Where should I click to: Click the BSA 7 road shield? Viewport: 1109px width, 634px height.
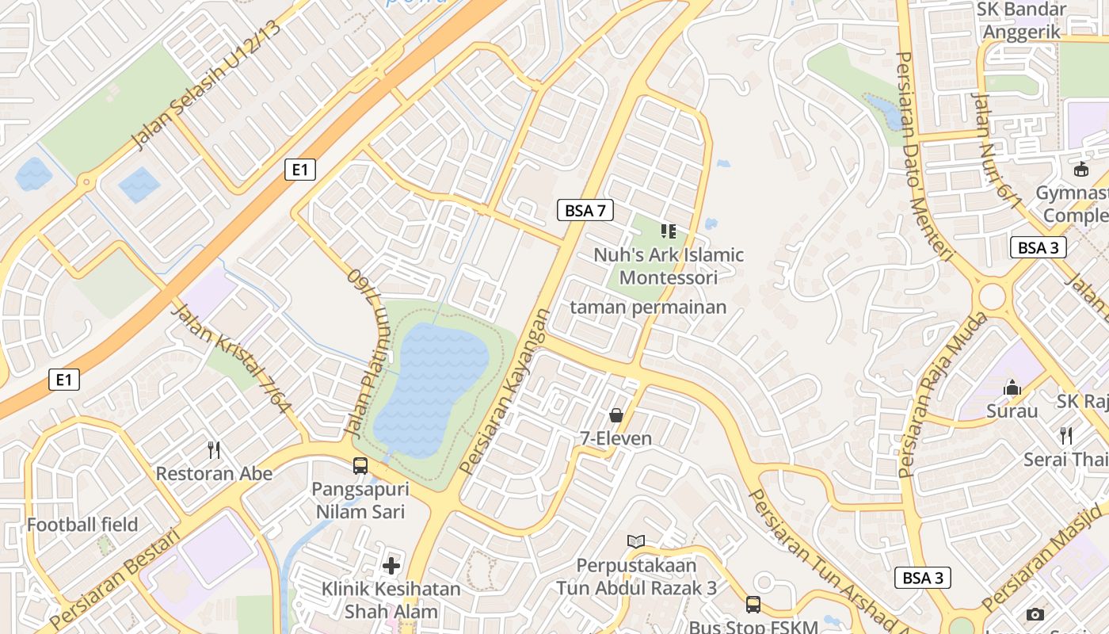585,210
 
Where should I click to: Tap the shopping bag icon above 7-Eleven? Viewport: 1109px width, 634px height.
615,414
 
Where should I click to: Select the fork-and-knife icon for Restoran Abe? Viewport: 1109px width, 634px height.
213,450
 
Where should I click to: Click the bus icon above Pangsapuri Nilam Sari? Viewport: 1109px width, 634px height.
360,465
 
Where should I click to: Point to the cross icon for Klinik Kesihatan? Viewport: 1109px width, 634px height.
391,565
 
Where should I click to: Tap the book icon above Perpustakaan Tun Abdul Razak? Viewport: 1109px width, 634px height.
635,541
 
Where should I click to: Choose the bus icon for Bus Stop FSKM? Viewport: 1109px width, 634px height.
753,605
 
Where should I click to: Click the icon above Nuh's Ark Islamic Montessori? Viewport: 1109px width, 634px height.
669,231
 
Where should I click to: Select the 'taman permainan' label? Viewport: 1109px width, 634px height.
648,307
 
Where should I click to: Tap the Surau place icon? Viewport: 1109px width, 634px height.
1012,388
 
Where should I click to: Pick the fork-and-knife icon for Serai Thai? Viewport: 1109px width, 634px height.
1066,435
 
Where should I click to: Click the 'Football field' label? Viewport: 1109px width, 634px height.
82,525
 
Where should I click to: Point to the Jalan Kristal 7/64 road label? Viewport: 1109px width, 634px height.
232,358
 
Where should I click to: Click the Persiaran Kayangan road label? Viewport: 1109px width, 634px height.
505,391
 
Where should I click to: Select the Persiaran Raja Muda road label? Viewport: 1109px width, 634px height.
943,395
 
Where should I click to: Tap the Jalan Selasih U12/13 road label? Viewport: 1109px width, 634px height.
206,86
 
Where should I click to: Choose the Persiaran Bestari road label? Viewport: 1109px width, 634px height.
115,579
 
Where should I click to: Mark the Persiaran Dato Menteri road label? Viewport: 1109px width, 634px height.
923,155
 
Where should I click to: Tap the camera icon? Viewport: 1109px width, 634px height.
1035,614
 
